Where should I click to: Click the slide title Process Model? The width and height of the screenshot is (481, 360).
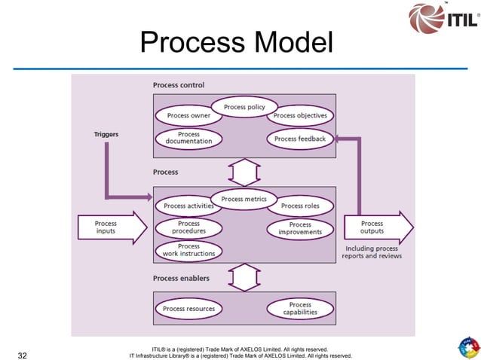236,43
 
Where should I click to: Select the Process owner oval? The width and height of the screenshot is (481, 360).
188,116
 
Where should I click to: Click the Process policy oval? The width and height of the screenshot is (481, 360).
244,108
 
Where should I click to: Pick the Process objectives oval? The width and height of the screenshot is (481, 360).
300,116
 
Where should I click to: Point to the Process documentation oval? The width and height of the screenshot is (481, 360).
188,138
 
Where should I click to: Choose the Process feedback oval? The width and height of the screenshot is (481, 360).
300,139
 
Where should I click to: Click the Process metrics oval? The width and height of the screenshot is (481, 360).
243,199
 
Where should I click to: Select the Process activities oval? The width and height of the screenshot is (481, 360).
188,206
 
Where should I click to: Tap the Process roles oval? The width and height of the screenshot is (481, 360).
301,206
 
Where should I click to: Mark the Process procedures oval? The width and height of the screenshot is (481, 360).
188,227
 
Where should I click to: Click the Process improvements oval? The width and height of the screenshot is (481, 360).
300,228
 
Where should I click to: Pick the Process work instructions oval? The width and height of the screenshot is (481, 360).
188,250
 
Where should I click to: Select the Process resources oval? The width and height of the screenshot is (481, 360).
188,309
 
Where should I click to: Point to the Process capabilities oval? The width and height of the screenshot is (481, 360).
300,309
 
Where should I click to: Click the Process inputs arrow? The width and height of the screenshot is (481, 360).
110,227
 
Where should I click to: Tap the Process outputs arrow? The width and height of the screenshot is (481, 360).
377,227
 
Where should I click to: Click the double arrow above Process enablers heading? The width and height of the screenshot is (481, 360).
243,276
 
